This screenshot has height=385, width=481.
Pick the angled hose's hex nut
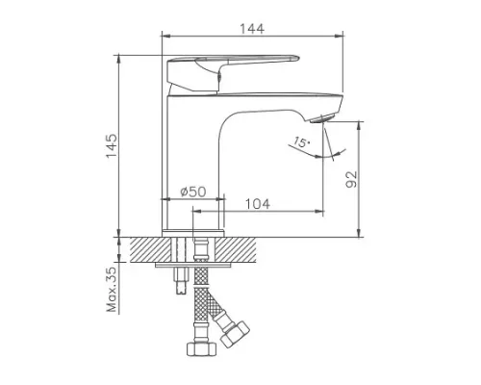click(x=234, y=338)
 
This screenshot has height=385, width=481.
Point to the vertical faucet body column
click(x=190, y=154)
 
